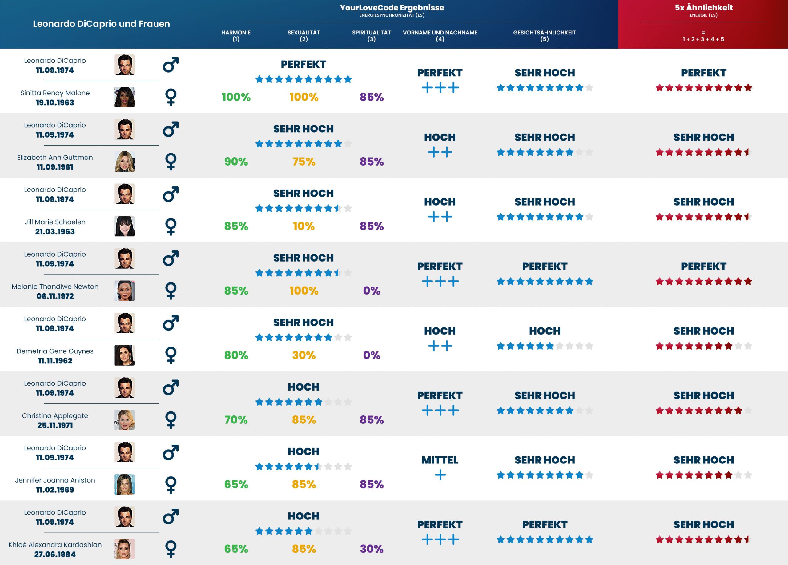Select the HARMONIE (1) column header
coord(236,35)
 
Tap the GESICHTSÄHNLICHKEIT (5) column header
coord(544,35)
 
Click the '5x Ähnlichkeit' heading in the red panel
coord(703,7)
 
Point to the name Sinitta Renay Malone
coord(55,93)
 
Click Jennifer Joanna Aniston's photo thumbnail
coord(124,484)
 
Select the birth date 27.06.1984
coord(55,554)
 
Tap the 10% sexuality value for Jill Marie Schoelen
coord(304,226)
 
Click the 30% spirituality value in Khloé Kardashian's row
coord(372,549)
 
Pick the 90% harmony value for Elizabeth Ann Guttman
coord(236,162)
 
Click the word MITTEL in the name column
coord(440,460)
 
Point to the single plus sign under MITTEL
coord(440,475)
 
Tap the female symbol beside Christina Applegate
coord(171,419)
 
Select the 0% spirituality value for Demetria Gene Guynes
coord(372,355)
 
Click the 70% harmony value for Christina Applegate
coord(236,419)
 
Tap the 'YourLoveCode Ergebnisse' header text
coord(392,7)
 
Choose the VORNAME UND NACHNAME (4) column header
coord(440,35)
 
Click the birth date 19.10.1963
coord(55,102)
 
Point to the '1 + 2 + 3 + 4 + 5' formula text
coord(703,39)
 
